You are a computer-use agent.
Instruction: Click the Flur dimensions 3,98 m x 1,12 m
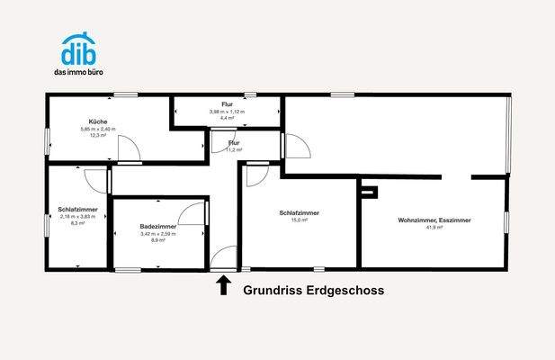click(x=227, y=112)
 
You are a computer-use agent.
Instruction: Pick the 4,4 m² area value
click(x=228, y=118)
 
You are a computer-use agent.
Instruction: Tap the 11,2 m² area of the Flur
click(x=234, y=150)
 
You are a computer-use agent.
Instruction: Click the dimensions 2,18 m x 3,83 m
click(x=76, y=216)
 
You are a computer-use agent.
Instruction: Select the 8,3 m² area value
click(x=77, y=222)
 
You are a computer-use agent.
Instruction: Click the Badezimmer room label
click(x=157, y=227)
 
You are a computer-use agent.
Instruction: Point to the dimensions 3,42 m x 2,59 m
click(x=157, y=234)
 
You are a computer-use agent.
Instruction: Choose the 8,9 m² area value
click(x=157, y=240)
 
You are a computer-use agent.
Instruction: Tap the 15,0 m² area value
click(x=300, y=220)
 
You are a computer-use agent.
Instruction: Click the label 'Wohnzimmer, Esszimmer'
click(x=434, y=220)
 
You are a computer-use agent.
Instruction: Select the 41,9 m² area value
click(x=434, y=227)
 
